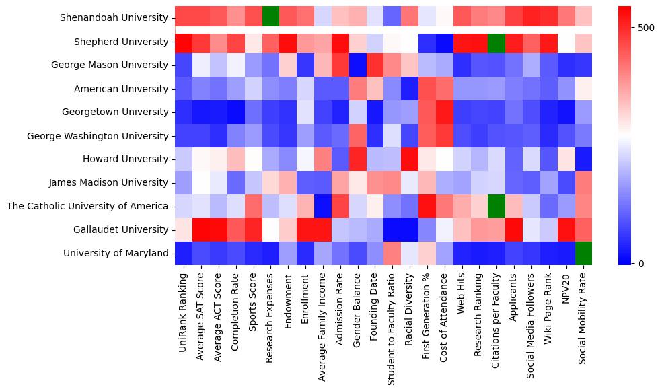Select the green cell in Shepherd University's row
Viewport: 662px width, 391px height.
pos(497,42)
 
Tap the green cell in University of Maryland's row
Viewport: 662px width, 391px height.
pos(585,253)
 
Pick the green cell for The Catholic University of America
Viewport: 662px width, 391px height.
pos(497,206)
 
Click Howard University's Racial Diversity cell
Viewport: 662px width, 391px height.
pos(410,159)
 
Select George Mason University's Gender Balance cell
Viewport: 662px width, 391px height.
pos(357,65)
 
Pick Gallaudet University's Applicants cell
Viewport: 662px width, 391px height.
pos(515,229)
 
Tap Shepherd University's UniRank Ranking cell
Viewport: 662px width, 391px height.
pos(183,42)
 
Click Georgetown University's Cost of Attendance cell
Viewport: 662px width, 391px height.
pos(445,112)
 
